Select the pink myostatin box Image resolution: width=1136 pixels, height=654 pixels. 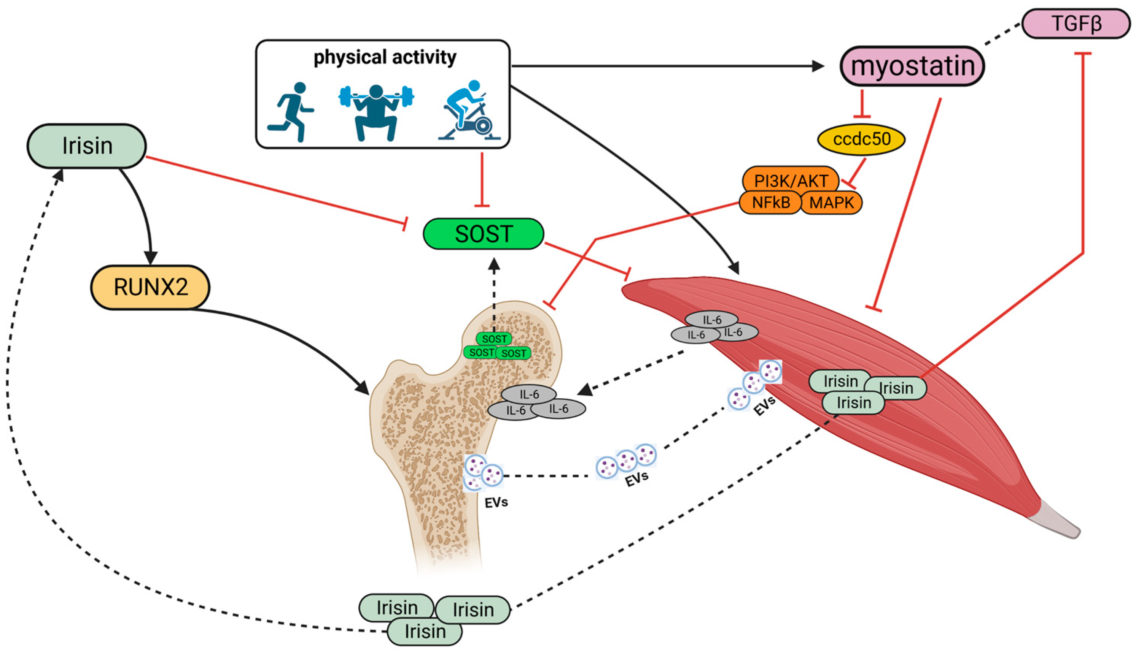click(x=912, y=66)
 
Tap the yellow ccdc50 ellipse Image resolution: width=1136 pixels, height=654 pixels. click(x=861, y=139)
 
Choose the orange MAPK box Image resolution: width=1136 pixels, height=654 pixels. click(x=831, y=203)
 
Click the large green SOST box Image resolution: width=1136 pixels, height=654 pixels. click(x=483, y=234)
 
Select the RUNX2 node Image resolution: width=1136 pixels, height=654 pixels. click(x=150, y=287)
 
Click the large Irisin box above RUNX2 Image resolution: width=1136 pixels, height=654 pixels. click(x=87, y=146)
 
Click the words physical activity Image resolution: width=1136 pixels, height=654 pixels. click(x=384, y=57)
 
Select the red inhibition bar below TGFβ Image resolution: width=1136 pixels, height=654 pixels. click(x=1082, y=54)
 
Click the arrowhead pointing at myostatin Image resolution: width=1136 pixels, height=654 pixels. click(x=818, y=67)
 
